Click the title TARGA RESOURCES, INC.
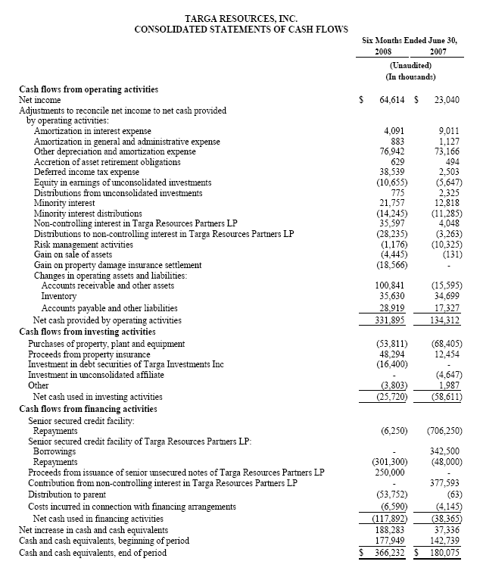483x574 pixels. (x=241, y=17)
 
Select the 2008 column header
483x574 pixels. (x=385, y=52)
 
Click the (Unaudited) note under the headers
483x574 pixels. (x=410, y=66)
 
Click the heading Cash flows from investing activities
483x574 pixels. (x=87, y=331)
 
